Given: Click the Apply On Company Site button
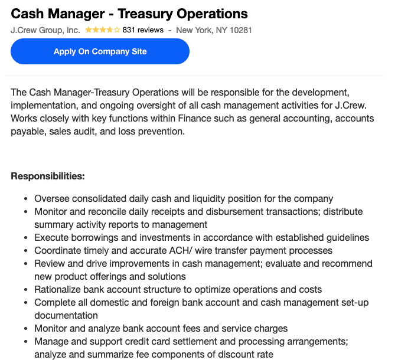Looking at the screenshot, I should [100, 51].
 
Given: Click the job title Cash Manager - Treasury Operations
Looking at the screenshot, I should [129, 14].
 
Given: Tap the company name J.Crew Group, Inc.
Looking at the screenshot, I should [45, 30].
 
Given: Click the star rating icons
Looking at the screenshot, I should [102, 30].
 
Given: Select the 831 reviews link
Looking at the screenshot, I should [143, 30].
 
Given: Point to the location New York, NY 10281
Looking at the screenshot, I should [214, 30].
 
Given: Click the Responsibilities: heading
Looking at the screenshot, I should [48, 176].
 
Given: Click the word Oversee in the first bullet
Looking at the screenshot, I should [51, 199].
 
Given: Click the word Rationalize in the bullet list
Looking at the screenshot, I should [58, 289].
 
